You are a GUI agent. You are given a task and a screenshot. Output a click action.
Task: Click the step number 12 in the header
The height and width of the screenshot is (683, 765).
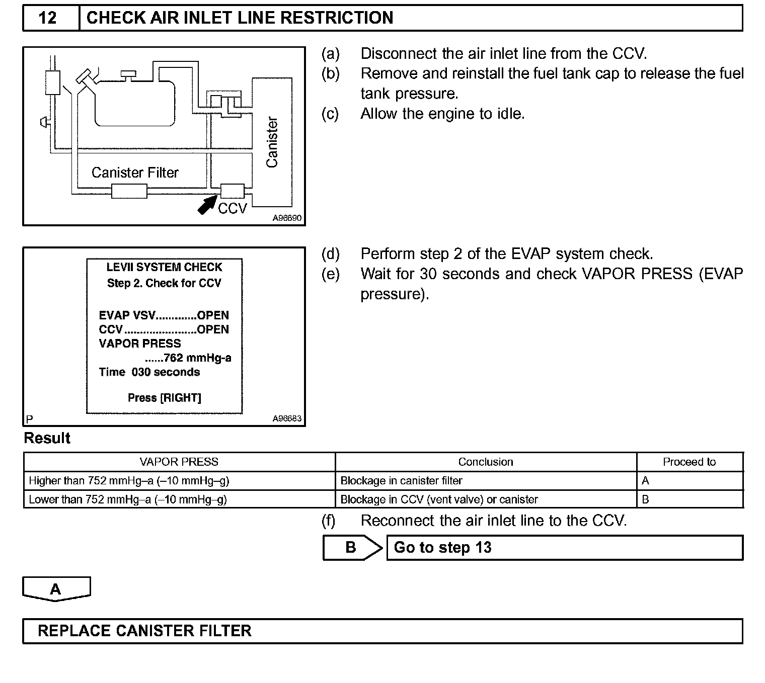click(x=48, y=18)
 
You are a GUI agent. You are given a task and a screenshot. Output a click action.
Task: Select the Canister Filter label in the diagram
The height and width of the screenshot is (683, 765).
click(x=135, y=173)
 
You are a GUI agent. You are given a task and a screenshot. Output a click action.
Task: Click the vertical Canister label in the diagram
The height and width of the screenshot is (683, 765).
click(x=272, y=142)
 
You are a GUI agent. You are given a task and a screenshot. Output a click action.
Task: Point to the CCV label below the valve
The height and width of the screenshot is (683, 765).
click(x=233, y=208)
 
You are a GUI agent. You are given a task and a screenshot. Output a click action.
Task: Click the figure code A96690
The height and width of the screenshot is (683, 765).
click(x=287, y=218)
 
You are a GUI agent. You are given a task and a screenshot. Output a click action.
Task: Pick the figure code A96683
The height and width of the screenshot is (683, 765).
click(x=287, y=418)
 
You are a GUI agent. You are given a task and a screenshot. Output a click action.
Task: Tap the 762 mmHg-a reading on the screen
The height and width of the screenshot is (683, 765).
click(x=197, y=358)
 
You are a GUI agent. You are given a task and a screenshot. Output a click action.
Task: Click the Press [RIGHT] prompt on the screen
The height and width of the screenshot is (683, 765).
click(x=164, y=398)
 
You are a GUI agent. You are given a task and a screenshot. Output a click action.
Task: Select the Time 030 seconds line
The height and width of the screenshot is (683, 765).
click(x=149, y=372)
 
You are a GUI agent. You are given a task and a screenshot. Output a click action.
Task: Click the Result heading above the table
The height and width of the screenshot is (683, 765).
click(x=47, y=438)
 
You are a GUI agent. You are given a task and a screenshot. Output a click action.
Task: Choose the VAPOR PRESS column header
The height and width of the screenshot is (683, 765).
click(x=179, y=462)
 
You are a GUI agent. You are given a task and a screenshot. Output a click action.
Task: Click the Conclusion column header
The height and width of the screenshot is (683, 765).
click(x=486, y=462)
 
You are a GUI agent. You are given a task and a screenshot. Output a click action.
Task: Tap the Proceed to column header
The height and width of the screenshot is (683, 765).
click(x=689, y=462)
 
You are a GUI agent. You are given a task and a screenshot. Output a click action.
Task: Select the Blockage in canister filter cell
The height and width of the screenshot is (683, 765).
click(x=401, y=480)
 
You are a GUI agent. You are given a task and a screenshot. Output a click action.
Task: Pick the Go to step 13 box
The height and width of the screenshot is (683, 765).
click(x=564, y=547)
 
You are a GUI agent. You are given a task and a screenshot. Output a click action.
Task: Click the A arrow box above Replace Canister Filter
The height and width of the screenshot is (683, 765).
click(x=56, y=588)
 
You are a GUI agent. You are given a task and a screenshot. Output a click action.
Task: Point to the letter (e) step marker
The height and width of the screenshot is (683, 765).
click(x=330, y=274)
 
